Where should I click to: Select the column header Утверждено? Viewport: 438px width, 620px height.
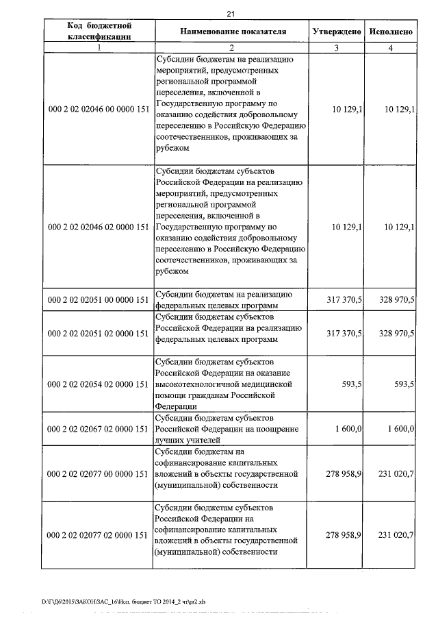(x=336, y=32)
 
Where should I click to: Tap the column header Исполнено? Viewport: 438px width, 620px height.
(x=390, y=32)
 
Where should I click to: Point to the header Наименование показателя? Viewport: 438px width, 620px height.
(x=233, y=32)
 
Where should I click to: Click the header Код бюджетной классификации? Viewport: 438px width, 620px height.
(x=99, y=32)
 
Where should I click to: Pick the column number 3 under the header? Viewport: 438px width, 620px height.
(x=336, y=48)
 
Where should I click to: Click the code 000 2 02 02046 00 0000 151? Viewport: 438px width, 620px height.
(x=99, y=108)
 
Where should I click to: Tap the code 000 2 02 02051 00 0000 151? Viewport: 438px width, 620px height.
(x=99, y=299)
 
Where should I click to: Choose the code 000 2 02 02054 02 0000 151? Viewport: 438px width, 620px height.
(x=99, y=385)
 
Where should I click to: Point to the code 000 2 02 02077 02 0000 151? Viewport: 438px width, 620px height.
(x=99, y=534)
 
